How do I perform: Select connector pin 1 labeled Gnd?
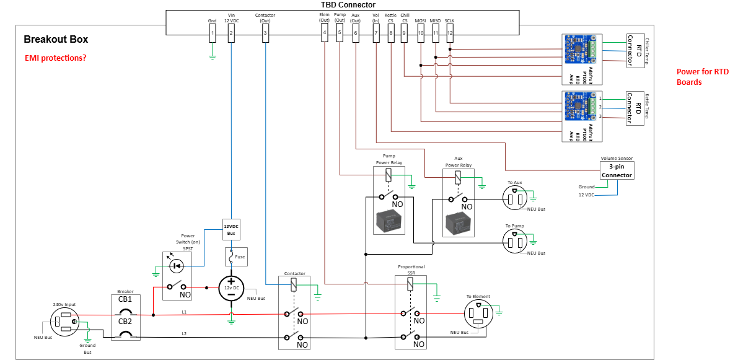(x=213, y=33)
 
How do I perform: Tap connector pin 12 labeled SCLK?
(x=450, y=33)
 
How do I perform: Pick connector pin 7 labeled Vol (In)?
(x=376, y=33)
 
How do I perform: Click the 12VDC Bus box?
(x=231, y=229)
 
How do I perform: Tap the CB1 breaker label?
(x=125, y=299)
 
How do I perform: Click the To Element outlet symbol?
(x=478, y=315)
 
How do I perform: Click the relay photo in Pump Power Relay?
(x=389, y=220)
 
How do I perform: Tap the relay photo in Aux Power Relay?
(x=458, y=221)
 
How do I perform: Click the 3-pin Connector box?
(x=617, y=171)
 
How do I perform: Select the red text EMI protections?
(x=55, y=58)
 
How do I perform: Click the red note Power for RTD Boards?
(x=703, y=77)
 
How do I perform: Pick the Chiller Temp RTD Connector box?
(x=635, y=50)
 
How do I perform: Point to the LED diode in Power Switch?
(x=177, y=266)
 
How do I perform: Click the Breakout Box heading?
(x=56, y=40)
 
